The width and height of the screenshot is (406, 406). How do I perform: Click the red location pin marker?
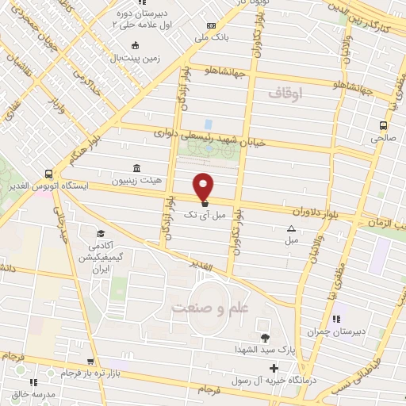point(205,186)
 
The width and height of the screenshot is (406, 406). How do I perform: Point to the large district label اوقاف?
point(285,94)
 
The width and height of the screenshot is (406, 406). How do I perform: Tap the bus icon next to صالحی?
point(384,125)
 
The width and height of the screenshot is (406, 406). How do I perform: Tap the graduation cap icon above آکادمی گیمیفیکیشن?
point(101,233)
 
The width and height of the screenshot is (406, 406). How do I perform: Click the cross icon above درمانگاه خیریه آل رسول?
point(274,368)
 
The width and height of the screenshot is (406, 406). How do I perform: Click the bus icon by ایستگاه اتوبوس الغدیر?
point(50,174)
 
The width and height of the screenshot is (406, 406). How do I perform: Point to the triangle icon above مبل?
point(291,228)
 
